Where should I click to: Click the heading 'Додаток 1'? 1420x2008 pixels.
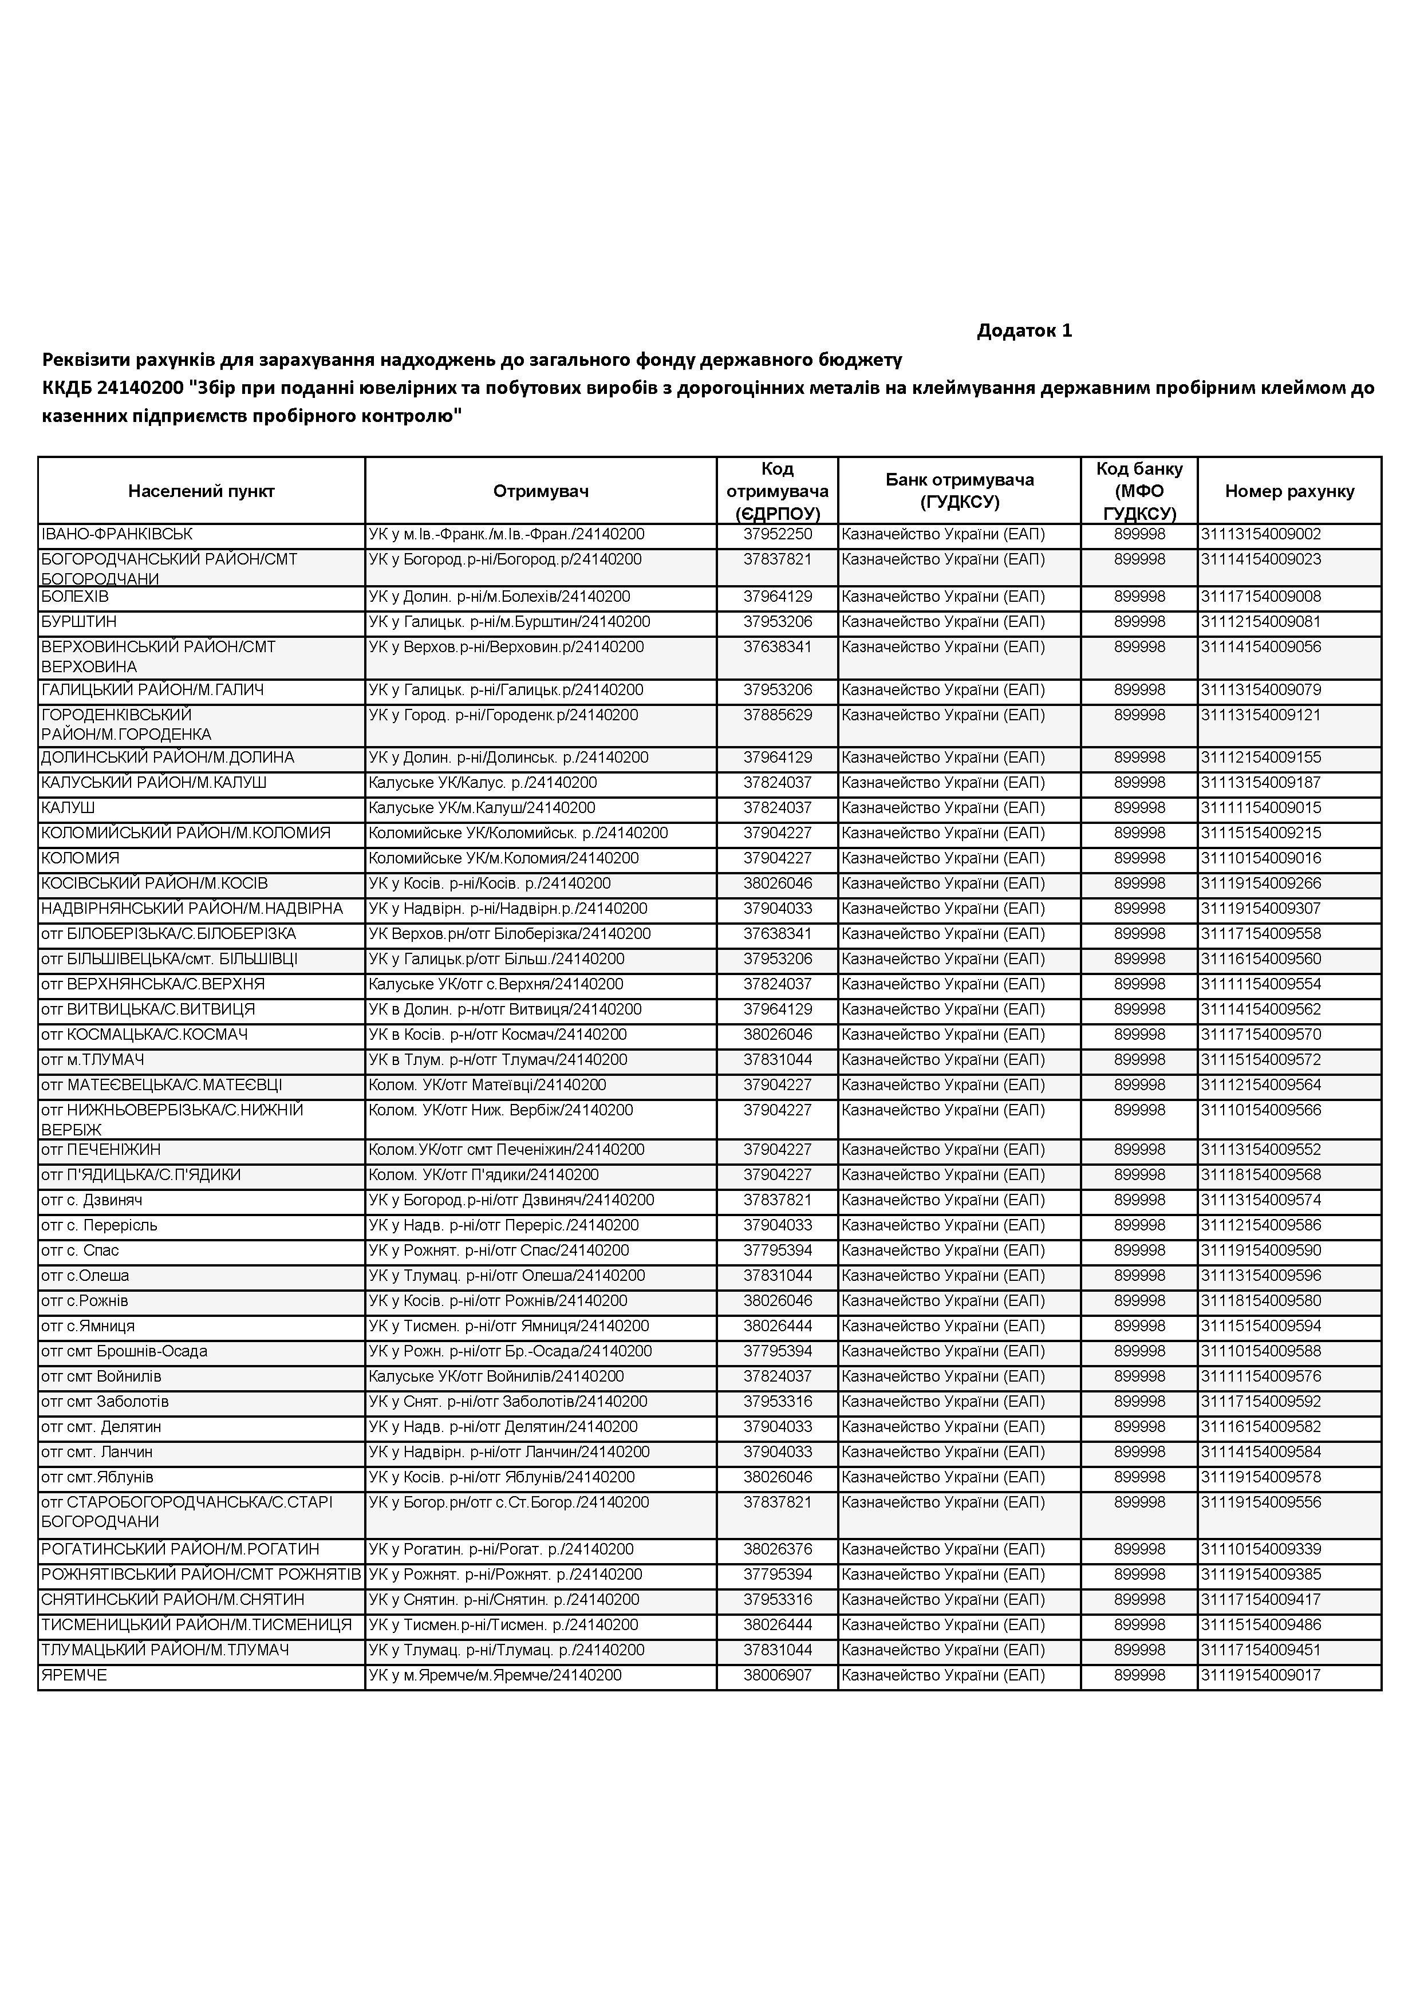1024,330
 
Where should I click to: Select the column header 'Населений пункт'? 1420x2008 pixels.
201,491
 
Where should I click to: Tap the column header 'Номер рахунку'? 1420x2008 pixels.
1289,491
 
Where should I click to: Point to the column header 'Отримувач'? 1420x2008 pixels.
541,491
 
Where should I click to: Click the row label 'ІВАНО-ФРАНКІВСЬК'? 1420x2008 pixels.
117,534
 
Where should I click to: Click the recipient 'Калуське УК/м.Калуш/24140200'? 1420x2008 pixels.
482,808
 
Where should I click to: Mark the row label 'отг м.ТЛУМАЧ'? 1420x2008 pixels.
93,1060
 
